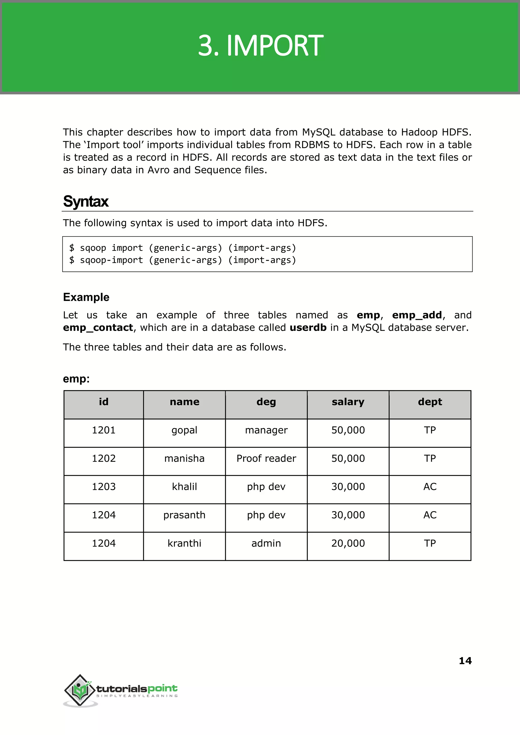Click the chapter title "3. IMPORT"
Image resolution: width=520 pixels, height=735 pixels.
point(260,45)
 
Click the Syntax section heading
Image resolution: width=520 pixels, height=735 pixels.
point(86,201)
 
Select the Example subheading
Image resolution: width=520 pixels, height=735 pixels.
point(86,297)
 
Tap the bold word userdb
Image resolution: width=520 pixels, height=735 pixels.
point(308,328)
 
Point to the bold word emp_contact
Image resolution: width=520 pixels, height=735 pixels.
point(98,328)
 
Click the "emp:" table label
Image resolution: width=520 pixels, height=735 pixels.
point(76,379)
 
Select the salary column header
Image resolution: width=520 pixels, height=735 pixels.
point(348,402)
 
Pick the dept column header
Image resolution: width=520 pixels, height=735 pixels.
point(430,402)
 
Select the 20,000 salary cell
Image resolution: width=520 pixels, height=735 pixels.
point(348,543)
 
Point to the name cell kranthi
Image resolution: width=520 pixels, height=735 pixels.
point(184,543)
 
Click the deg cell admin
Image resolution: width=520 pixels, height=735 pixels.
point(266,543)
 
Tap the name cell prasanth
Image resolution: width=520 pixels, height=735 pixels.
point(184,515)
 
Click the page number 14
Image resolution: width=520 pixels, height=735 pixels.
point(465,660)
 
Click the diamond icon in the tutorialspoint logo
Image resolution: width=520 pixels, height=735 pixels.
point(80,690)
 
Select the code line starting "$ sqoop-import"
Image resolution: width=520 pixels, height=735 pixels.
point(183,260)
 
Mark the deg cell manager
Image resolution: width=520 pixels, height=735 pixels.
point(266,430)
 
